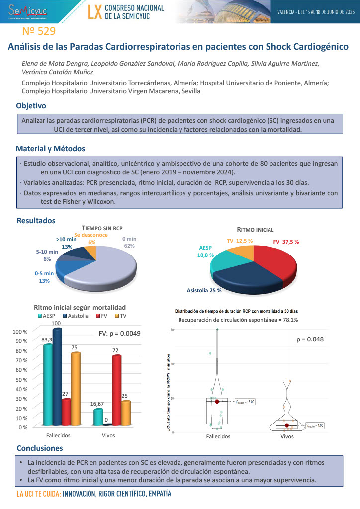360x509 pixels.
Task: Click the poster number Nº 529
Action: tap(39, 31)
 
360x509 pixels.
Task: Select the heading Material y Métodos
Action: tap(50, 148)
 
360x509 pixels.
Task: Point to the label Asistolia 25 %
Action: tap(204, 290)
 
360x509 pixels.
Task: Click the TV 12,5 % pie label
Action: tap(240, 241)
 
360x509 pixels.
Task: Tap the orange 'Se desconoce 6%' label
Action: tap(91, 238)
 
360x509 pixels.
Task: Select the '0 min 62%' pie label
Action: tap(129, 242)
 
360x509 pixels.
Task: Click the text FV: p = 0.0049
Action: tap(119, 334)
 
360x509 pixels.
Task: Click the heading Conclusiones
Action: tap(40, 448)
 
